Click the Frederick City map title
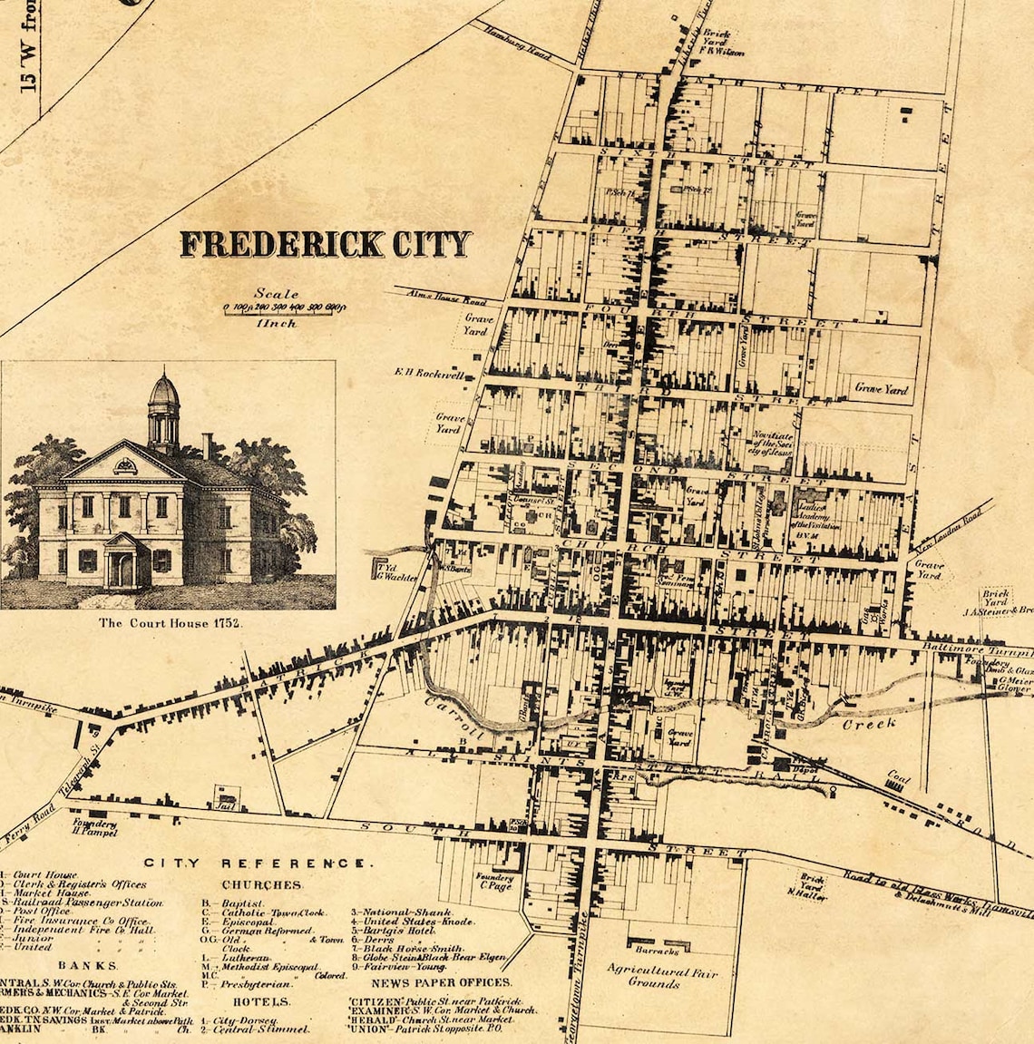[x=326, y=244]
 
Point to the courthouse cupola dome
[x=163, y=391]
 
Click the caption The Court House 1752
[x=172, y=623]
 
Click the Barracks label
[x=658, y=951]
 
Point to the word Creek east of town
[x=869, y=723]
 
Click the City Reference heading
[x=258, y=863]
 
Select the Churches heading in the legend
[x=261, y=884]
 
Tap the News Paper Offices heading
[x=441, y=981]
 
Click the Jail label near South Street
[x=224, y=804]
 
